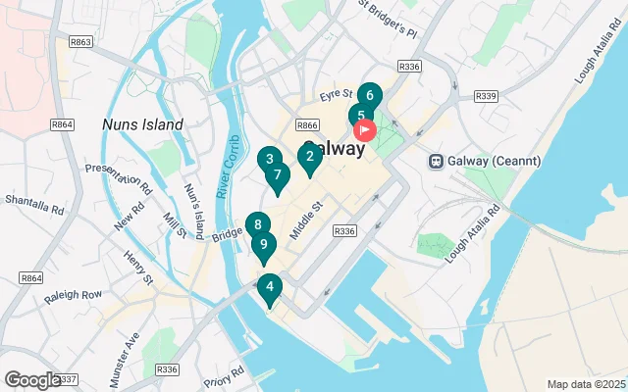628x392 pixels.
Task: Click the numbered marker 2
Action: pyautogui.click(x=309, y=156)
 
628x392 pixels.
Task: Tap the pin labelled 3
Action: pyautogui.click(x=269, y=159)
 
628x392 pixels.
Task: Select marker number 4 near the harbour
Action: pyautogui.click(x=269, y=288)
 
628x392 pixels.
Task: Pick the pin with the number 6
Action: pyautogui.click(x=369, y=96)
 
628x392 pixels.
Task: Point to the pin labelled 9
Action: pyautogui.click(x=263, y=245)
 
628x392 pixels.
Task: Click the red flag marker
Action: pyautogui.click(x=364, y=129)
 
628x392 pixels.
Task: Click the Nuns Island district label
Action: pyautogui.click(x=142, y=125)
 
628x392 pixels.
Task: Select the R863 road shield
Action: pyautogui.click(x=80, y=43)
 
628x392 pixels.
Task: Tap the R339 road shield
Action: pyautogui.click(x=485, y=96)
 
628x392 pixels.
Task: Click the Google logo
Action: pyautogui.click(x=31, y=380)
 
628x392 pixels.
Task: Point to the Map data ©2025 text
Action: pyautogui.click(x=585, y=384)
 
